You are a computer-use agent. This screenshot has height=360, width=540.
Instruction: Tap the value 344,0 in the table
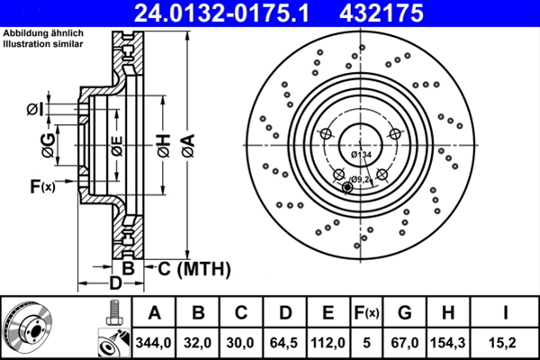154,342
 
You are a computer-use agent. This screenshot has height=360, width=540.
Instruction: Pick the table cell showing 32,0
198,342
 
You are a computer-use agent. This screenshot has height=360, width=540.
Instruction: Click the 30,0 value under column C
241,342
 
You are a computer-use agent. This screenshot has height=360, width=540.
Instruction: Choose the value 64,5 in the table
284,342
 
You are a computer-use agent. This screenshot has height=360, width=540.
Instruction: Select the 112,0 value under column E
328,342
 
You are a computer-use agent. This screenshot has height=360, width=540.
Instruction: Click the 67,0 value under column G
405,342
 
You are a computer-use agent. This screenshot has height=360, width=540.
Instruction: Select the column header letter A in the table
154,312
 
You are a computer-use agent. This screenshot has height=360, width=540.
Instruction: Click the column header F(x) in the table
366,312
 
